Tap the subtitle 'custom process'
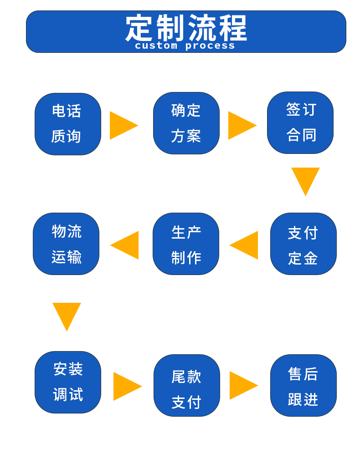click(x=185, y=46)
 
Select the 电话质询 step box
click(x=68, y=124)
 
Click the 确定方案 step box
click(x=186, y=123)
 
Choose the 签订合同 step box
click(x=300, y=122)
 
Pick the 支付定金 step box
click(x=303, y=244)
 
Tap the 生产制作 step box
click(x=186, y=244)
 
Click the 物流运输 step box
click(x=66, y=244)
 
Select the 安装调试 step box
click(x=68, y=382)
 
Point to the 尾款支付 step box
click(x=187, y=385)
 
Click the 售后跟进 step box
click(x=303, y=385)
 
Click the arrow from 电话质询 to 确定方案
click(x=122, y=125)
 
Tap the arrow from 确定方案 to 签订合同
click(x=241, y=125)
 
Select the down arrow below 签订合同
click(x=305, y=179)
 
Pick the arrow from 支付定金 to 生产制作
click(x=246, y=245)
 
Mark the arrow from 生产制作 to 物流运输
click(x=126, y=245)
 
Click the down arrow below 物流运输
click(x=67, y=314)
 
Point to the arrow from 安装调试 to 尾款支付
click(x=126, y=386)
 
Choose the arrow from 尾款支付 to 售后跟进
click(x=242, y=385)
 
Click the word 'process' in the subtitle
click(x=210, y=46)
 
